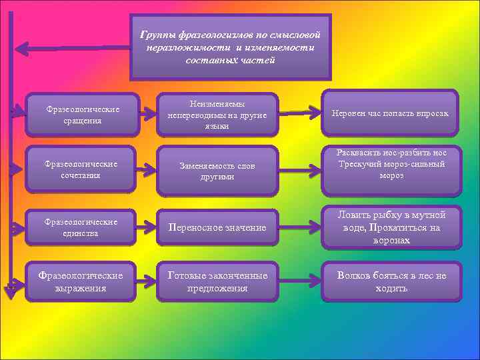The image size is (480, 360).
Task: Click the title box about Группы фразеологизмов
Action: pyautogui.click(x=230, y=47)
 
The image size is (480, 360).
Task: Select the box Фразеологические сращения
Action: pyautogui.click(x=83, y=115)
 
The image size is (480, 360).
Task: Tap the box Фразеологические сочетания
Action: pyautogui.click(x=83, y=169)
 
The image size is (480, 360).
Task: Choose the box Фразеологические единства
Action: pyautogui.click(x=83, y=227)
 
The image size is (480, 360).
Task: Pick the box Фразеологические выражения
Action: pyautogui.click(x=83, y=281)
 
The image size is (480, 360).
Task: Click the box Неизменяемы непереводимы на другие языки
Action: pyautogui.click(x=217, y=115)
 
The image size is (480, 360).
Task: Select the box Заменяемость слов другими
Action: pyautogui.click(x=217, y=171)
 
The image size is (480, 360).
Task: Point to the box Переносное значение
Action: pyautogui.click(x=217, y=228)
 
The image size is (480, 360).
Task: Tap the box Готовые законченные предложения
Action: pyautogui.click(x=217, y=281)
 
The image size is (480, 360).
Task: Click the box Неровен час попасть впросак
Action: pyautogui.click(x=391, y=113)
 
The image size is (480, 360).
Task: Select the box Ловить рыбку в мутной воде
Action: pyautogui.click(x=391, y=227)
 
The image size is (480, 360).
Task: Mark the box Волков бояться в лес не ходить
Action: pyautogui.click(x=391, y=281)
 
